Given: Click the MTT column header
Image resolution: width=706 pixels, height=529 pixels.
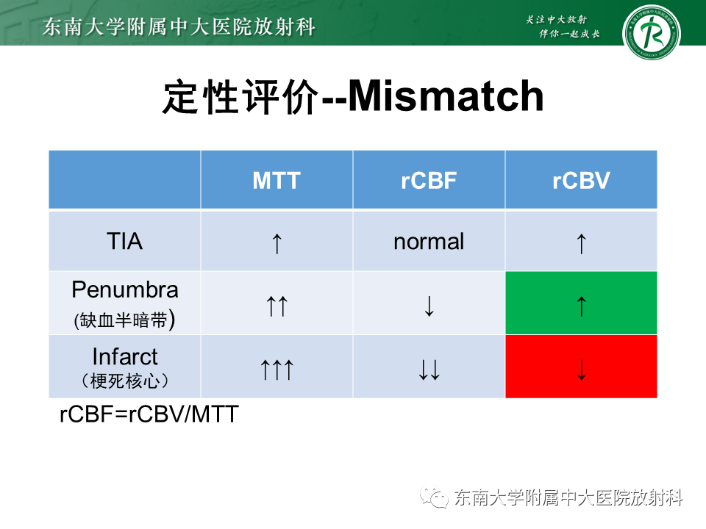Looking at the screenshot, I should click(x=277, y=181).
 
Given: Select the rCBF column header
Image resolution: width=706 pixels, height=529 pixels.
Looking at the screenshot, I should click(x=429, y=181).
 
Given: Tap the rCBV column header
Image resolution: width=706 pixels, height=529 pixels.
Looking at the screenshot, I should click(x=581, y=181).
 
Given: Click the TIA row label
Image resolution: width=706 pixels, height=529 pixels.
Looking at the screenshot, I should click(x=125, y=241).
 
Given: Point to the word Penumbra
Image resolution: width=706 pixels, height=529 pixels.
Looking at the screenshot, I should click(x=125, y=289).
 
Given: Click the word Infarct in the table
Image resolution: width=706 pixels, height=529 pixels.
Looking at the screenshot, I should click(x=125, y=357).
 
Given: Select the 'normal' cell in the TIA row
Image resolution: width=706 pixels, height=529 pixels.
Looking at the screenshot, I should click(x=429, y=241).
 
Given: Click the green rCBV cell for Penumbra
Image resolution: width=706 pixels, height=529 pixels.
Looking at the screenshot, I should click(x=581, y=303).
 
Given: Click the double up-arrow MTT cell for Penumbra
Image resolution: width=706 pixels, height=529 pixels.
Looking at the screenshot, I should click(x=277, y=306).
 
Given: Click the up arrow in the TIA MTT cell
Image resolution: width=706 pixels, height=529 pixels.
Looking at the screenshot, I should click(x=277, y=243).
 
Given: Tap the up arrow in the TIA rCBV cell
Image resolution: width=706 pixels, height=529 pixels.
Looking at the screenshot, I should click(x=581, y=243).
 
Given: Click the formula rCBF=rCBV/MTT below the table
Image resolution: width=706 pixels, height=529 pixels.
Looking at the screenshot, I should click(x=149, y=414).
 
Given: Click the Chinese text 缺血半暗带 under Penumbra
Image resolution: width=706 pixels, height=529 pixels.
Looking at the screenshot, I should click(x=126, y=321).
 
